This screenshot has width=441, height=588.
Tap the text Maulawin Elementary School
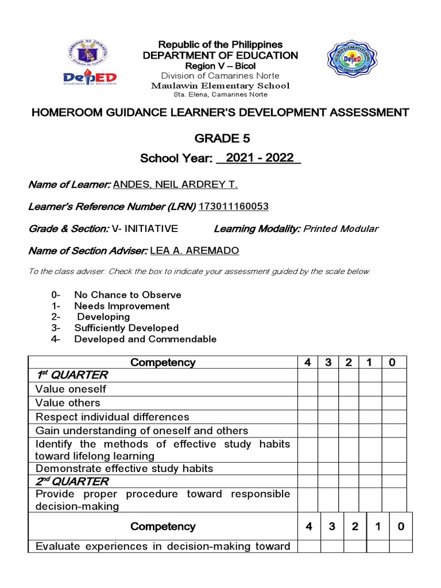[x=220, y=86]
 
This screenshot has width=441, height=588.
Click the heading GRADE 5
[x=220, y=138]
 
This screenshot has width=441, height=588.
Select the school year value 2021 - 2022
[x=260, y=158]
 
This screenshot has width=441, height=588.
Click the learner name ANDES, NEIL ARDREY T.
[x=175, y=184]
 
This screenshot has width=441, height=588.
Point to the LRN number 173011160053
[x=234, y=207]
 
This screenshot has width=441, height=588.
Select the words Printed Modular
[x=341, y=229]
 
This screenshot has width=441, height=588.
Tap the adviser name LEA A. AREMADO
[x=195, y=251]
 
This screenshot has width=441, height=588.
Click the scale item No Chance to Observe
[x=127, y=295]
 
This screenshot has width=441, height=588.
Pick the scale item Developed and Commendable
[x=145, y=339]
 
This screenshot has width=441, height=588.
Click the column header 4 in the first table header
[x=308, y=362]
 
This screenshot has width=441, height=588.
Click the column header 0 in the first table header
[x=393, y=362]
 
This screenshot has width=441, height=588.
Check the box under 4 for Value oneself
[x=308, y=389]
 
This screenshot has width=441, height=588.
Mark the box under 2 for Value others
[x=350, y=403]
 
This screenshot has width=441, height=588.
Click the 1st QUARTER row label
[x=72, y=376]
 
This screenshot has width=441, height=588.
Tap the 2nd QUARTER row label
[x=72, y=481]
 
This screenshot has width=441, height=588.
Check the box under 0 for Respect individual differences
[x=393, y=417]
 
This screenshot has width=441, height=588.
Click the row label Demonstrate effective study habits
[x=124, y=469]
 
